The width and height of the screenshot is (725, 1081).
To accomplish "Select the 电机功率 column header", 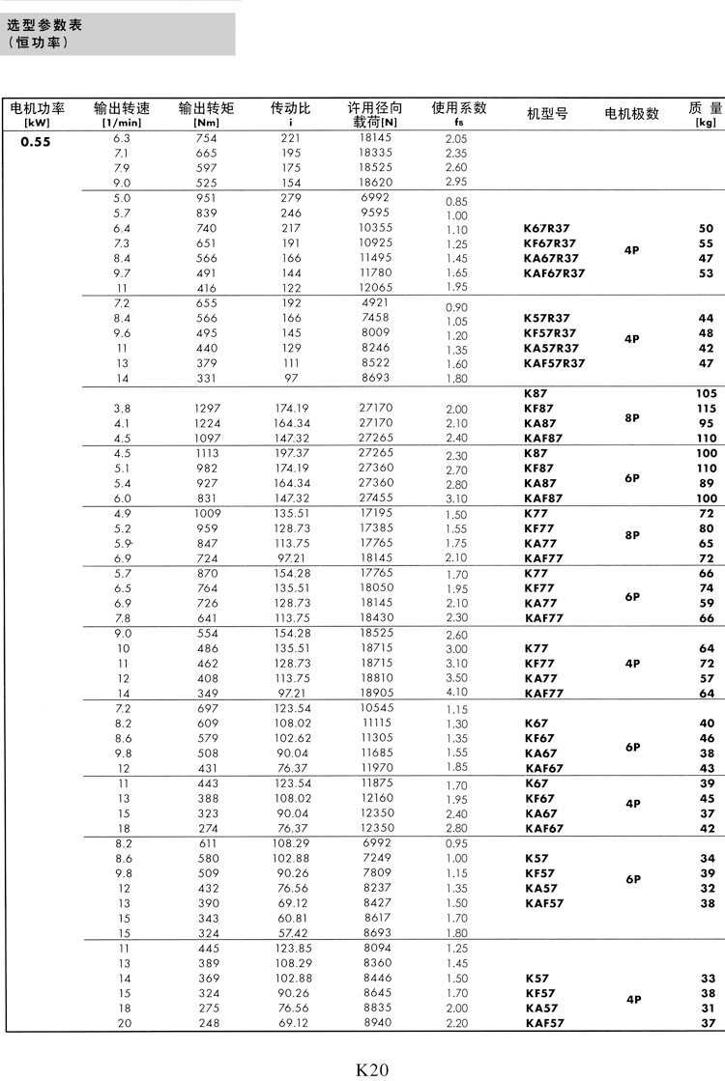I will pos(37,109).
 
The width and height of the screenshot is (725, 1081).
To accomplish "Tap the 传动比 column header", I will pos(290,109).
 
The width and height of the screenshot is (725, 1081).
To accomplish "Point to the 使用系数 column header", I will pos(458,108).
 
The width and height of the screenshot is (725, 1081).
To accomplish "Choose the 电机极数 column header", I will pos(631,114).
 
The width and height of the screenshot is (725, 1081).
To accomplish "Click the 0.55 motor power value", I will pos(36,140).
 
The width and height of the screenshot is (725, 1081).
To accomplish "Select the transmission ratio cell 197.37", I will pos(291,453).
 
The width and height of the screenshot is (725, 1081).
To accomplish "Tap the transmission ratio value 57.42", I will pos(291,933).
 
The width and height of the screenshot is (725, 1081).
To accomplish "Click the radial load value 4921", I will pos(375,302).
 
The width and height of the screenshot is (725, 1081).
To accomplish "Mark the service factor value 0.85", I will pos(457,201).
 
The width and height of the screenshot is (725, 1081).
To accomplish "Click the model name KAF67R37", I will pos(554,273).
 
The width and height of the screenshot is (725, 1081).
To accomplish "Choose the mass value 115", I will pos(706,409).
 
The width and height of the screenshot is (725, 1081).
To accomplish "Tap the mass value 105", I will pos(706,394).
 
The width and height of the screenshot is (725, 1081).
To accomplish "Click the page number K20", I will pos(372,1068).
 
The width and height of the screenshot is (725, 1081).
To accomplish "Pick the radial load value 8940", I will pos(375,1022).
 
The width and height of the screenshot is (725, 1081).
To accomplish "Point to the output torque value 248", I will pos(206,1022).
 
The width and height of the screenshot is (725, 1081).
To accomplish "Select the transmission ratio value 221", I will pos(291,139).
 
